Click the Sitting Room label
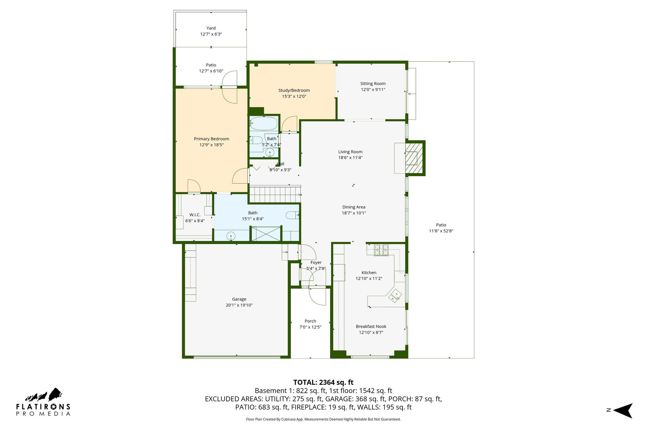click(x=373, y=84)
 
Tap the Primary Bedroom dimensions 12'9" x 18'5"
click(x=211, y=145)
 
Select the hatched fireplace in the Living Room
click(x=414, y=158)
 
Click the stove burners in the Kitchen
click(x=381, y=250)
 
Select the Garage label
click(x=239, y=299)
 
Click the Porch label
click(x=310, y=321)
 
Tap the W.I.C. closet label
click(x=195, y=215)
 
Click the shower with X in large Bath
click(x=266, y=234)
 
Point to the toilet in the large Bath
click(x=292, y=215)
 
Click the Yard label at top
click(x=211, y=28)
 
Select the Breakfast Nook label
click(x=371, y=326)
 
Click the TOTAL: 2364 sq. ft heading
click(x=323, y=382)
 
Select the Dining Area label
click(x=354, y=207)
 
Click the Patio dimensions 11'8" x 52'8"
click(x=441, y=231)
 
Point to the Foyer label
click(x=316, y=262)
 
